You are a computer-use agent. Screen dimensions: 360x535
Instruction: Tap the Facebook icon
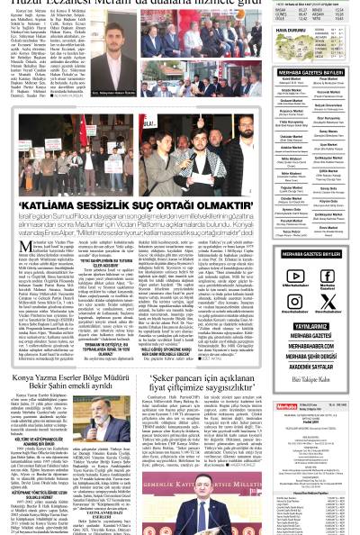[327, 277]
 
